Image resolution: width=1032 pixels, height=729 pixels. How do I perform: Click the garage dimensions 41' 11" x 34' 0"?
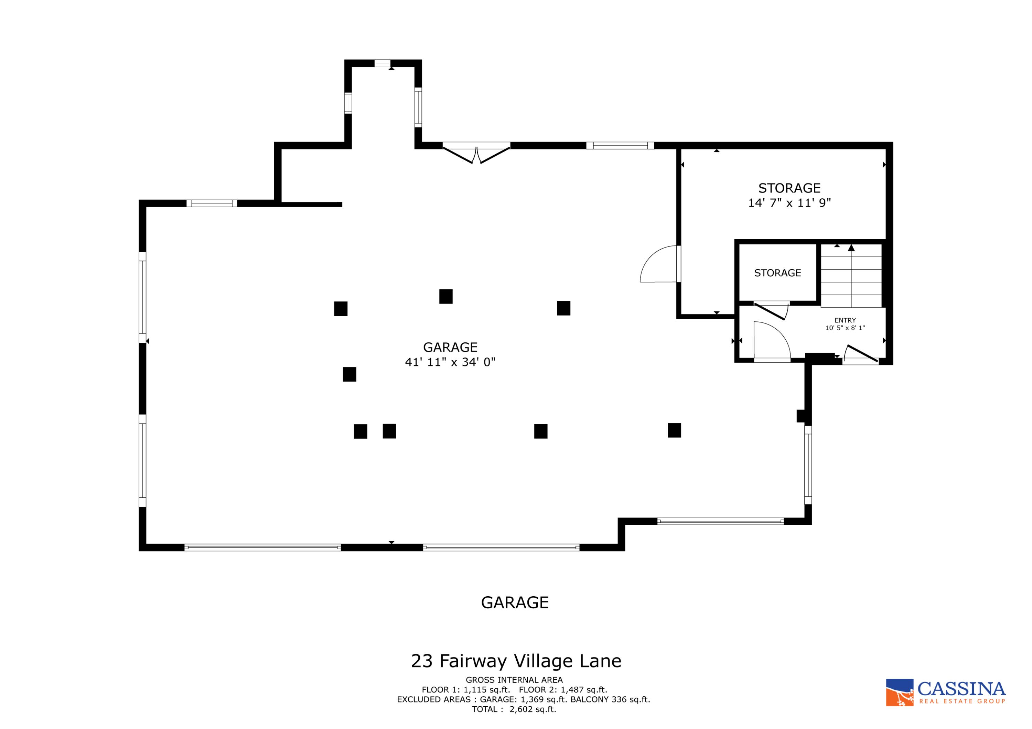[x=450, y=362]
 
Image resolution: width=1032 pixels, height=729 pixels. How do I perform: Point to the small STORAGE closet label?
[x=777, y=273]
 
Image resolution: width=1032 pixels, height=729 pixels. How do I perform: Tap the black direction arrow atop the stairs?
[x=851, y=248]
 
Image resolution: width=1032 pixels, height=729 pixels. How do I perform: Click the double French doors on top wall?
[x=476, y=153]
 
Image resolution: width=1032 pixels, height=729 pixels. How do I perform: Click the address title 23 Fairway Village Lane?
[x=516, y=661]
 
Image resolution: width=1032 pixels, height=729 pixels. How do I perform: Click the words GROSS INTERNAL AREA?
[x=514, y=680]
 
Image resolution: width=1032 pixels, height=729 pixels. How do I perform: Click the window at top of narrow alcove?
[x=383, y=63]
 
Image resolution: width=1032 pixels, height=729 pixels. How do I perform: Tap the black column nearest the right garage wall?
[x=674, y=430]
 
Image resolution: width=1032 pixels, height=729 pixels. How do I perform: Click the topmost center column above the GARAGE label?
[x=446, y=297]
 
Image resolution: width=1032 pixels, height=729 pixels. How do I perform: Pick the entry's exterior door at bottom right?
[x=861, y=355]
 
